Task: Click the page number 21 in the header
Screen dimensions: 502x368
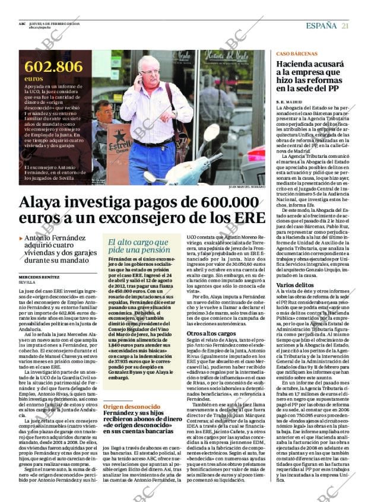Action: pyautogui.click(x=345, y=26)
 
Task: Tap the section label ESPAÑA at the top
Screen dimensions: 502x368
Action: pyautogui.click(x=321, y=26)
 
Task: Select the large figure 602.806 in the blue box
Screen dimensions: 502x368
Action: pyautogui.click(x=53, y=66)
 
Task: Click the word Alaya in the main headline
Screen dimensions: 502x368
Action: pyautogui.click(x=46, y=202)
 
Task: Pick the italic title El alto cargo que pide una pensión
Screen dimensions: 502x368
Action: pyautogui.click(x=138, y=246)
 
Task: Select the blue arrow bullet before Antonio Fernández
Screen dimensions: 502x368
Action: pyautogui.click(x=21, y=239)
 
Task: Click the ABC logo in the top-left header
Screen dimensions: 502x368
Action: pyautogui.click(x=22, y=24)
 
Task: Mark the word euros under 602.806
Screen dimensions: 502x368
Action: pyautogui.click(x=34, y=78)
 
